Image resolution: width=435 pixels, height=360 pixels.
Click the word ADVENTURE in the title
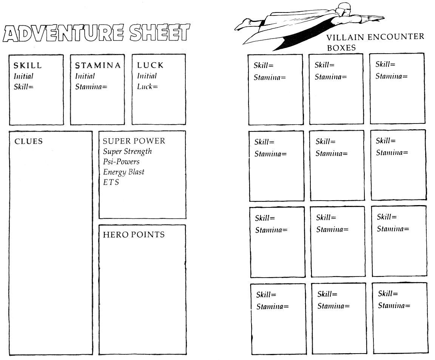[x=63, y=33]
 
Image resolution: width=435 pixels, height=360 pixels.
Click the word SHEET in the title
[x=159, y=32]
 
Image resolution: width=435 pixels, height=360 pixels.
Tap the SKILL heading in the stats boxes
[x=28, y=65]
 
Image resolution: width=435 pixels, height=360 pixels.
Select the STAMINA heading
[x=98, y=65]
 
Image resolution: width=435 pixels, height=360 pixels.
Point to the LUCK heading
[x=150, y=65]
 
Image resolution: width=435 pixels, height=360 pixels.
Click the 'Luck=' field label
[x=147, y=87]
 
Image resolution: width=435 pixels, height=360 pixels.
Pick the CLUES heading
[x=29, y=141]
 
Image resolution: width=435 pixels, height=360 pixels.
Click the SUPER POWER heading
[x=134, y=141]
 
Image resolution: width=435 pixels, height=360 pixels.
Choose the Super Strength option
[x=127, y=151]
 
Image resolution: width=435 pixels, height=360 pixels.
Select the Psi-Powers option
[x=121, y=162]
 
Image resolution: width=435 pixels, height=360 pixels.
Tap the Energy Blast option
[x=124, y=172]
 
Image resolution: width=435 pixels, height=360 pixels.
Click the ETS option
[x=111, y=182]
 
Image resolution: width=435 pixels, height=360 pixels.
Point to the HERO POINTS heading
[x=134, y=235]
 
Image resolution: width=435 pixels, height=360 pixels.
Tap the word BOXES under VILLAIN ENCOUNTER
[x=341, y=48]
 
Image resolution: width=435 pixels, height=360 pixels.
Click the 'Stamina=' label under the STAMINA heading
[x=91, y=87]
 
